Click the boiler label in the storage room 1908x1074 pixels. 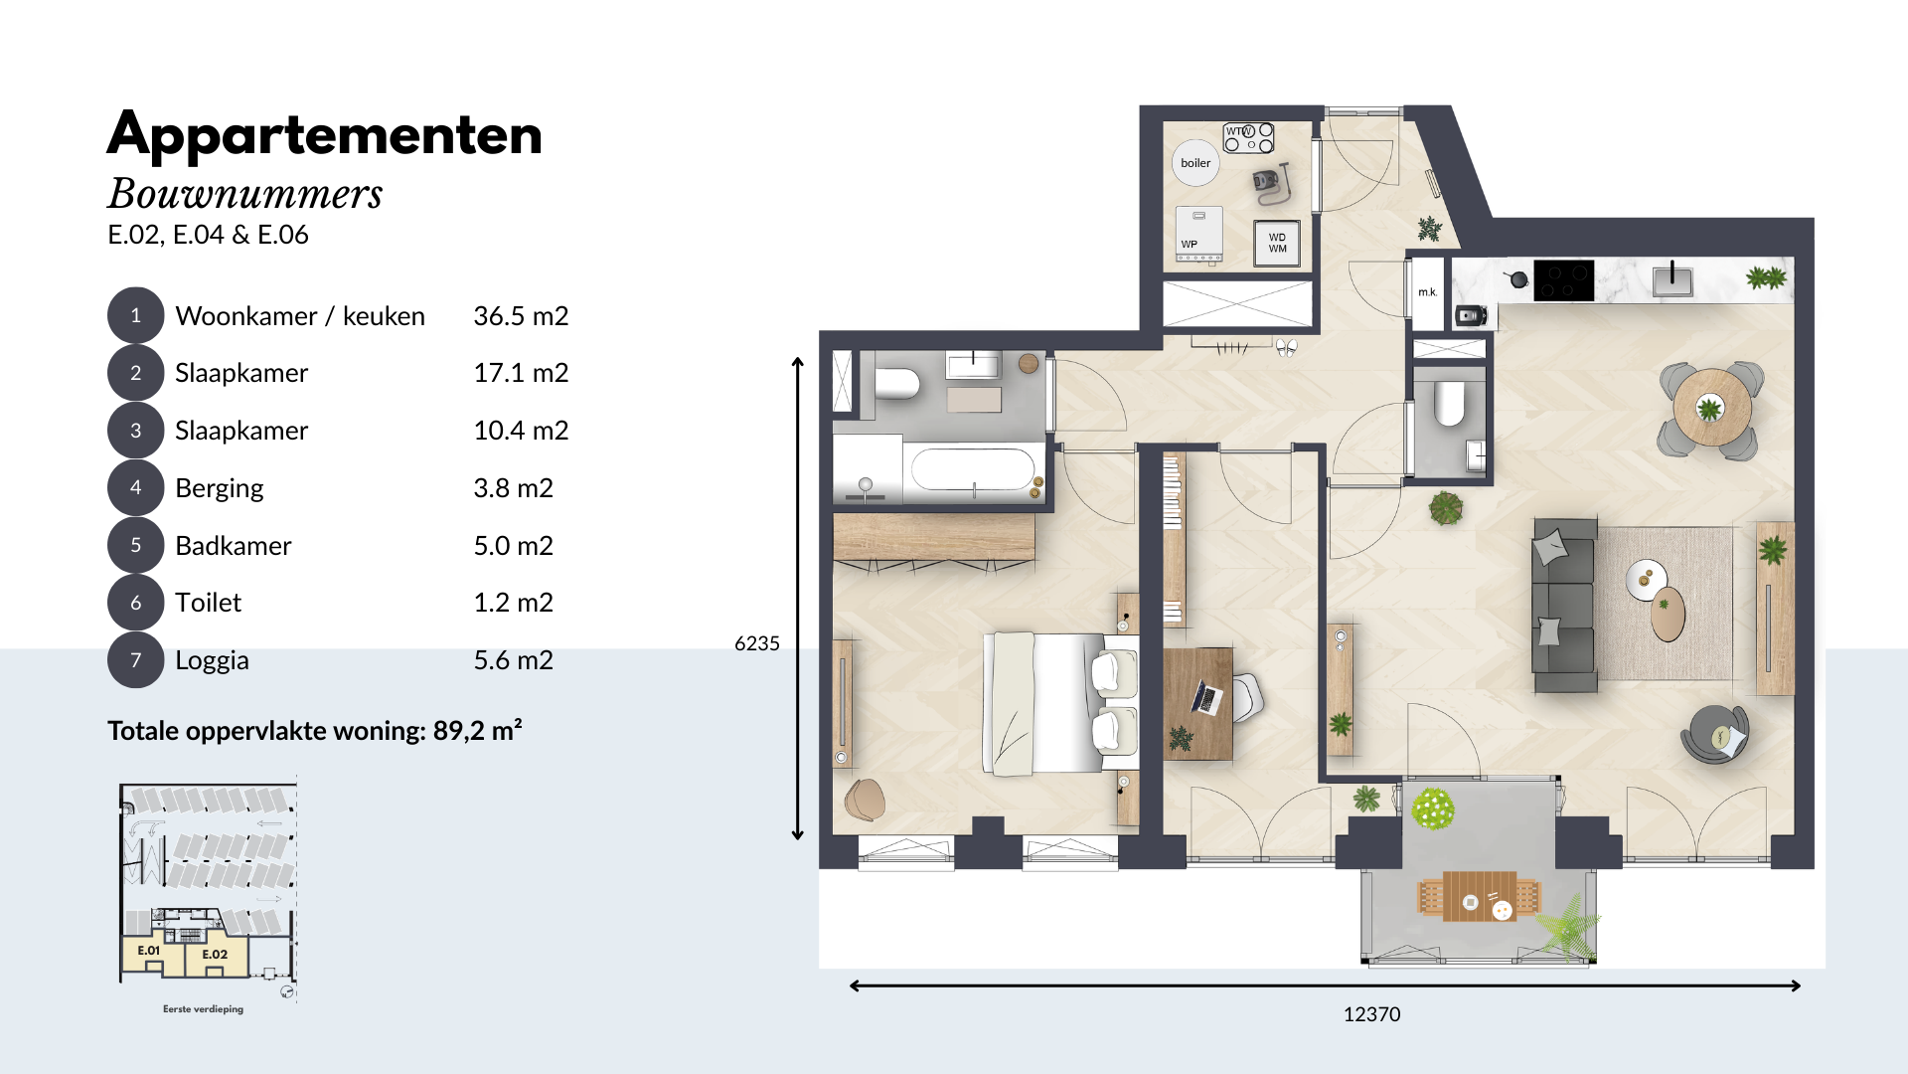[x=1195, y=163]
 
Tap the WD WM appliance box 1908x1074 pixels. [x=1277, y=243]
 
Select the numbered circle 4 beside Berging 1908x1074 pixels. [x=135, y=487]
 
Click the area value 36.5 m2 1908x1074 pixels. [x=521, y=316]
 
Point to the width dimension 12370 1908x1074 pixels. [x=1371, y=1014]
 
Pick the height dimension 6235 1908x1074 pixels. [x=757, y=643]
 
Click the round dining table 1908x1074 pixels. [x=1711, y=408]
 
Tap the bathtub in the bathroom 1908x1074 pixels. [x=974, y=469]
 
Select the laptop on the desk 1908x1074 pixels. [x=1206, y=698]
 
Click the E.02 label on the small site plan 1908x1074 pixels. [x=215, y=955]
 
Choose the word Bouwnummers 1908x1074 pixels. [x=245, y=194]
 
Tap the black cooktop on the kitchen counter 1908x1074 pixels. [x=1564, y=280]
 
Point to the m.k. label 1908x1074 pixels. [x=1428, y=292]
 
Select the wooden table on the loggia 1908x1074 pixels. [x=1479, y=897]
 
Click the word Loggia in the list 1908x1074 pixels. [x=212, y=660]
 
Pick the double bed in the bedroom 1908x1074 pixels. [x=1060, y=703]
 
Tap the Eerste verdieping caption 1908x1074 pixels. [x=203, y=1009]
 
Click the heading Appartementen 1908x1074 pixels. [x=325, y=135]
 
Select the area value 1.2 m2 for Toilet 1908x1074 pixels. [x=513, y=603]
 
